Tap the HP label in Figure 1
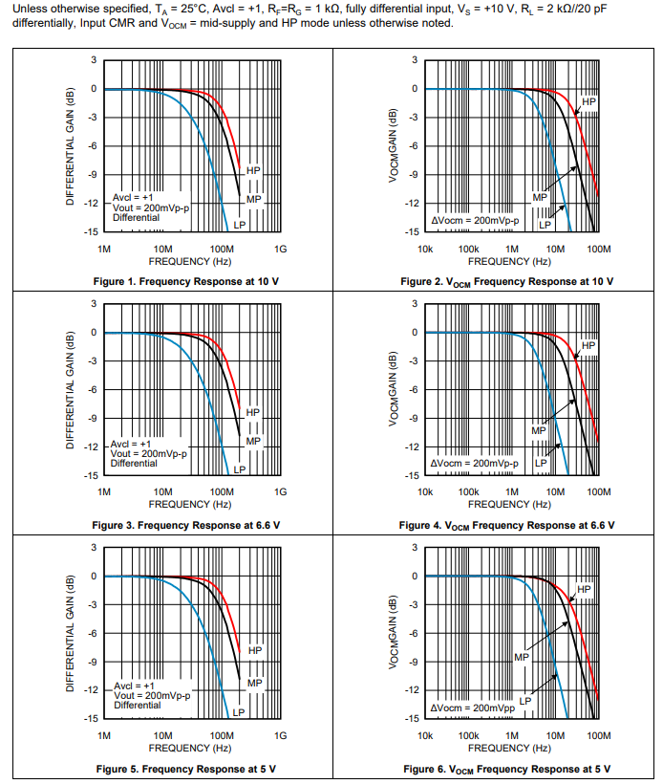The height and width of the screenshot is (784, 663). (x=253, y=169)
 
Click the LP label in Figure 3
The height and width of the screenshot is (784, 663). (x=240, y=468)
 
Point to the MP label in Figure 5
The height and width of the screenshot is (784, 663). (x=254, y=683)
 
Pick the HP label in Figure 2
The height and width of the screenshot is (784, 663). (x=588, y=100)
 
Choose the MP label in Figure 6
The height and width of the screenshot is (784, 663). (x=521, y=658)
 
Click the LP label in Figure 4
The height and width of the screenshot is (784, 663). (x=540, y=462)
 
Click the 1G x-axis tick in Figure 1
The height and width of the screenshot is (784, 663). (x=280, y=249)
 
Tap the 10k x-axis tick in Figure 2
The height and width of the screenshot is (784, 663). (x=426, y=249)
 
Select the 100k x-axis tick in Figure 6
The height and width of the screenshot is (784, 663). (x=469, y=735)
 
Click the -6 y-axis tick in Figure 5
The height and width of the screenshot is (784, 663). (x=93, y=633)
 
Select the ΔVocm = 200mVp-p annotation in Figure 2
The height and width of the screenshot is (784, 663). (x=475, y=220)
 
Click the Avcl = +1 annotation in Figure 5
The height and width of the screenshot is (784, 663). (x=133, y=686)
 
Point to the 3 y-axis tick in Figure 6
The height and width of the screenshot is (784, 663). (x=414, y=547)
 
